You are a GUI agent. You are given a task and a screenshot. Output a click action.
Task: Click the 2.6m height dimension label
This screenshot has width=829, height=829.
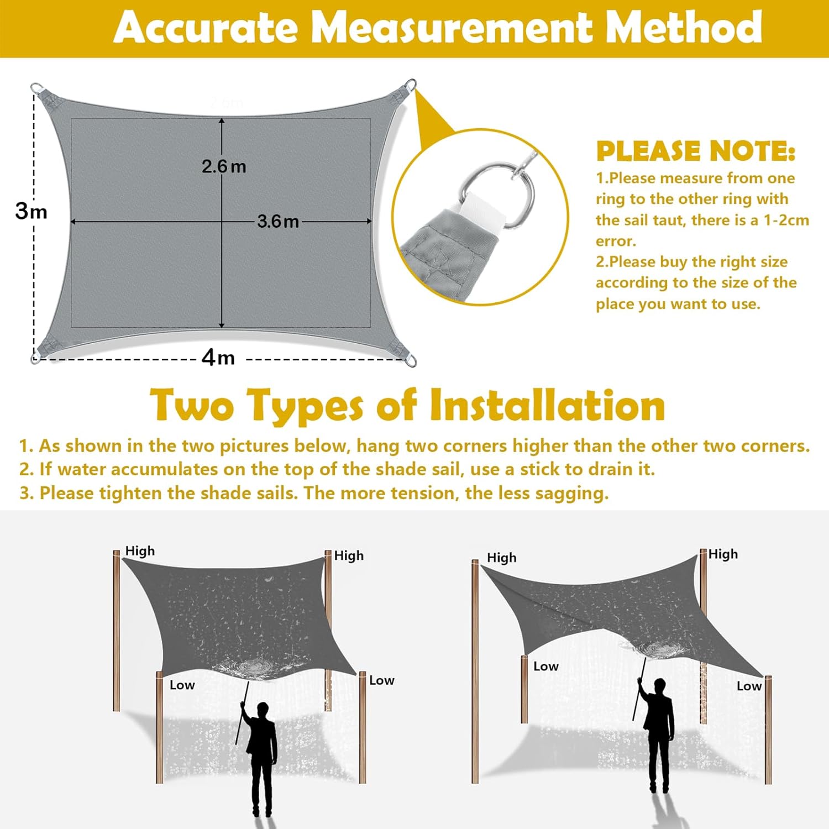click(x=223, y=166)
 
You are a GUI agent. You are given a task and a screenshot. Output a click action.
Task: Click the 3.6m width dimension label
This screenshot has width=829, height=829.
click(x=278, y=222)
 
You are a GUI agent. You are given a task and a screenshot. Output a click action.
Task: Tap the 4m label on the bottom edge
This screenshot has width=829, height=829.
click(x=218, y=358)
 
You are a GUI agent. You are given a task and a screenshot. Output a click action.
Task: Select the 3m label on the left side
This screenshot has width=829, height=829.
click(x=31, y=211)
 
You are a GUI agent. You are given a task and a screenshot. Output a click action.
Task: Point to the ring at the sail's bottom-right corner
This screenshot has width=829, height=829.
click(x=411, y=361)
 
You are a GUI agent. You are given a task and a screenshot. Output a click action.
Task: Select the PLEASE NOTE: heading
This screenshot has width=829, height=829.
click(x=695, y=151)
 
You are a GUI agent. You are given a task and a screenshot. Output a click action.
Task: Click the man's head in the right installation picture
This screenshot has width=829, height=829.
click(x=660, y=687)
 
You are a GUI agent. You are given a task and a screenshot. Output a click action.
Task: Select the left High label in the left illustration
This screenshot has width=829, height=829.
click(x=140, y=551)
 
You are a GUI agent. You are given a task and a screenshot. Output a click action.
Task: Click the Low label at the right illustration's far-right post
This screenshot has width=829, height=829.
click(x=749, y=686)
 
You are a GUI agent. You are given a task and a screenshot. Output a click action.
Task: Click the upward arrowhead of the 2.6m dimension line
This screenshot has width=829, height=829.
click(x=222, y=121)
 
